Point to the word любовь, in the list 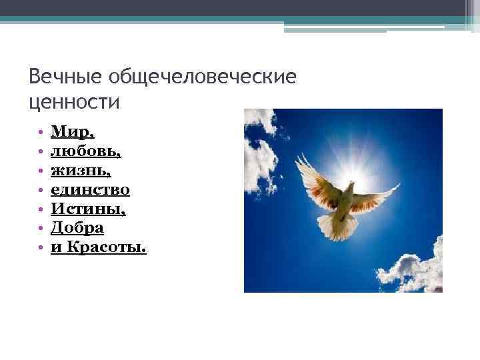(85, 152)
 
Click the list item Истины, (89, 209)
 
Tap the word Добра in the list (77, 229)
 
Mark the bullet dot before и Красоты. (41, 249)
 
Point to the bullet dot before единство (41, 191)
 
